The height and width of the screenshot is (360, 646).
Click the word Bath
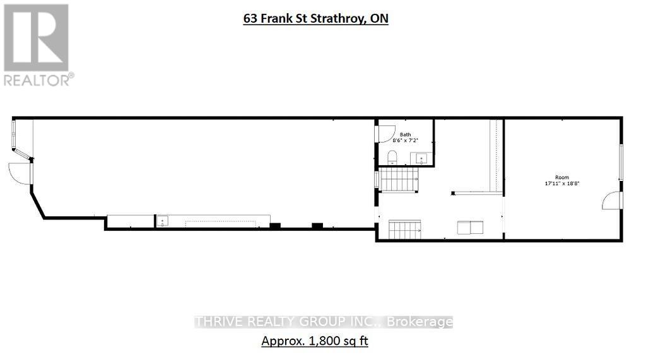tap(405, 134)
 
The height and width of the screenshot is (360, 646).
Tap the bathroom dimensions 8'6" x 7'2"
tap(405, 141)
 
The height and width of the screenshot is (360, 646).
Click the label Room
tap(561, 177)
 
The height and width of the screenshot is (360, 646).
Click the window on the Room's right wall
tap(621, 163)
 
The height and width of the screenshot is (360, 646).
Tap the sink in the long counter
tap(162, 221)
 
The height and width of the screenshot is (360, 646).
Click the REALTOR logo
tap(36, 44)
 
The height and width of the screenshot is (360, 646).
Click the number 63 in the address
tap(250, 19)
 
